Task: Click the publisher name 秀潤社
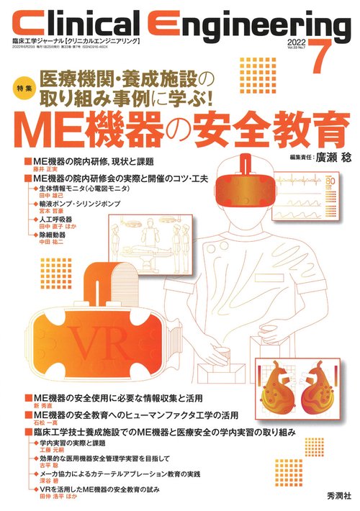coord(332,496)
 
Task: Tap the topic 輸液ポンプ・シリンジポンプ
coord(86,202)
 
